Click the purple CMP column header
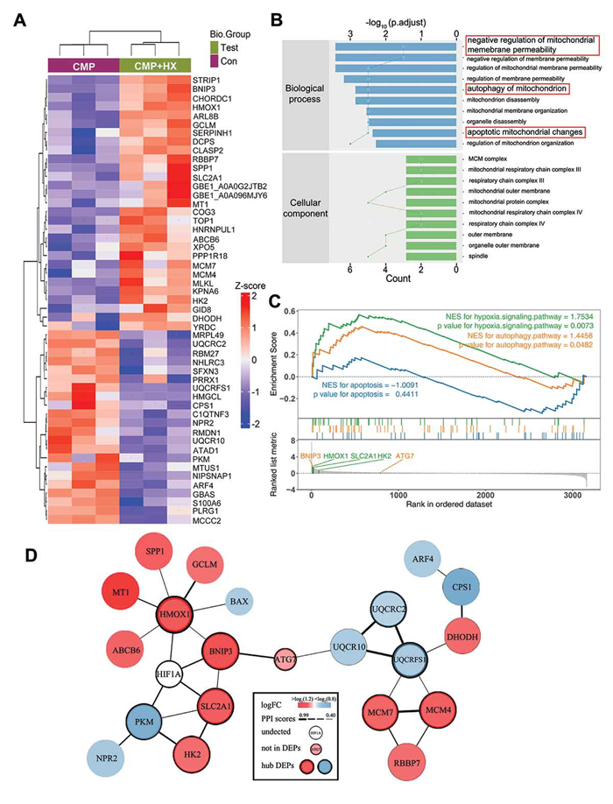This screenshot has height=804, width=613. (81, 63)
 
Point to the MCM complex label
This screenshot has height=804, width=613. (491, 158)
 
